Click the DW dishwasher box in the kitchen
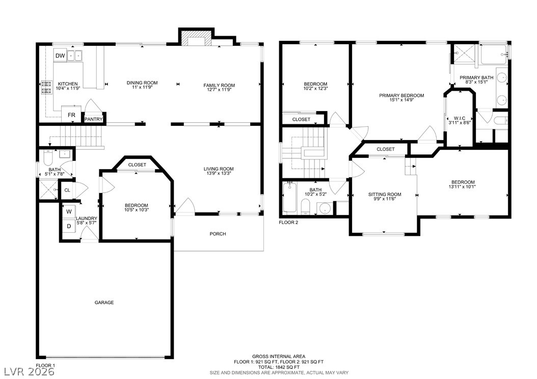click(x=60, y=56)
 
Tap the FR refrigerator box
click(x=71, y=115)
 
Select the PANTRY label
click(x=94, y=119)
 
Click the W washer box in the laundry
click(x=69, y=211)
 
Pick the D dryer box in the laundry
click(x=69, y=226)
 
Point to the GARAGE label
click(x=104, y=302)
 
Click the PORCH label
click(x=218, y=234)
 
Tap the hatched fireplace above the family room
click(x=196, y=38)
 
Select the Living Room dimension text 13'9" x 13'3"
click(x=219, y=173)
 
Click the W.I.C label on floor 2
click(x=460, y=118)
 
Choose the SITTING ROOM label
click(x=385, y=194)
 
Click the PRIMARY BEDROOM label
click(x=401, y=96)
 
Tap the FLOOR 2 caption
click(x=289, y=222)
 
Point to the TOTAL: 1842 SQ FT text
click(x=279, y=367)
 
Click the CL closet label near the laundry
click(x=67, y=190)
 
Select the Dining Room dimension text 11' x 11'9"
click(x=142, y=87)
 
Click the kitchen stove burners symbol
click(x=46, y=87)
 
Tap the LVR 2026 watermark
click(x=29, y=371)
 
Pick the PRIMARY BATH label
click(x=476, y=77)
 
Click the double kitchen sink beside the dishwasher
click(x=75, y=56)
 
